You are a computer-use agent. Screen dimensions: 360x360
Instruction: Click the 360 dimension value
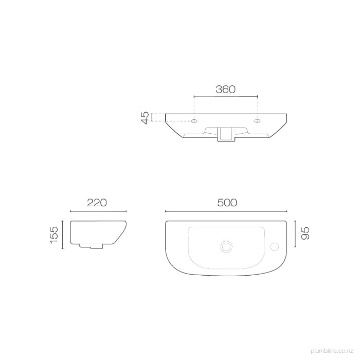[225, 89]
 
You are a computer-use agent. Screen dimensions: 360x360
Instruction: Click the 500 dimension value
[227, 203]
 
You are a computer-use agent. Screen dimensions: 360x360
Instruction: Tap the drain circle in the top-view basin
[225, 247]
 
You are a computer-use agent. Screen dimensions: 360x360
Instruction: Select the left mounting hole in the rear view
[194, 122]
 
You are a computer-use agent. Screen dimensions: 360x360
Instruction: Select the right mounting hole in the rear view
[257, 122]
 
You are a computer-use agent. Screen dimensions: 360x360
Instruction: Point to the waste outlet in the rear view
[225, 135]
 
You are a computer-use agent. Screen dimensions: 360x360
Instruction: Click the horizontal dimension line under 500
[227, 211]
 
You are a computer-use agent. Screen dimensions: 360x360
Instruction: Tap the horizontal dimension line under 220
[98, 211]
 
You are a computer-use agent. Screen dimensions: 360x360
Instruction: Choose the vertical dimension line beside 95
[294, 235]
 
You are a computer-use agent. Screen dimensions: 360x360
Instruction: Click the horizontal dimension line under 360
[225, 96]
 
